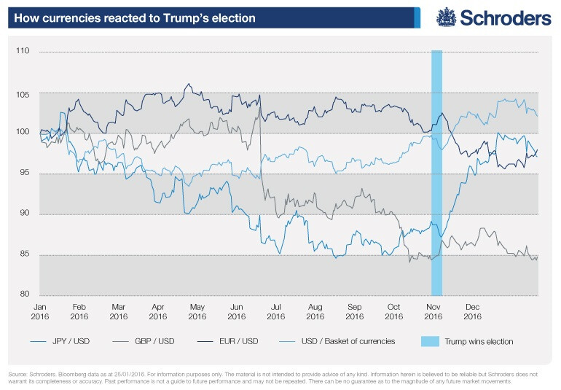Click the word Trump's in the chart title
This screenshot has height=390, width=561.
point(186,17)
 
